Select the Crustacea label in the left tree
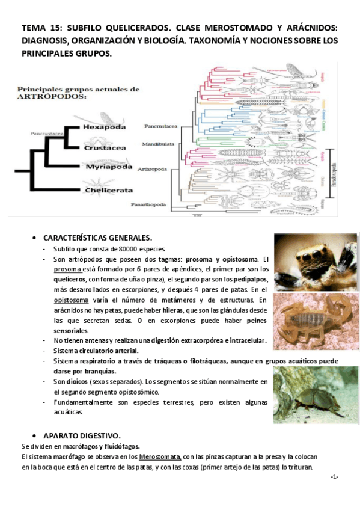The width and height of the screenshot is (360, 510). click(x=104, y=147)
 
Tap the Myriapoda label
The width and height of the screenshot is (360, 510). click(x=108, y=167)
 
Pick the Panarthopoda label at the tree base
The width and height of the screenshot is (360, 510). click(x=149, y=204)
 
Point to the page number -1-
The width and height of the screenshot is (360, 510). click(x=334, y=476)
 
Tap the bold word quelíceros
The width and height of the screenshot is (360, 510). click(x=69, y=279)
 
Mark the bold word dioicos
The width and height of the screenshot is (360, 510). click(x=74, y=381)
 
